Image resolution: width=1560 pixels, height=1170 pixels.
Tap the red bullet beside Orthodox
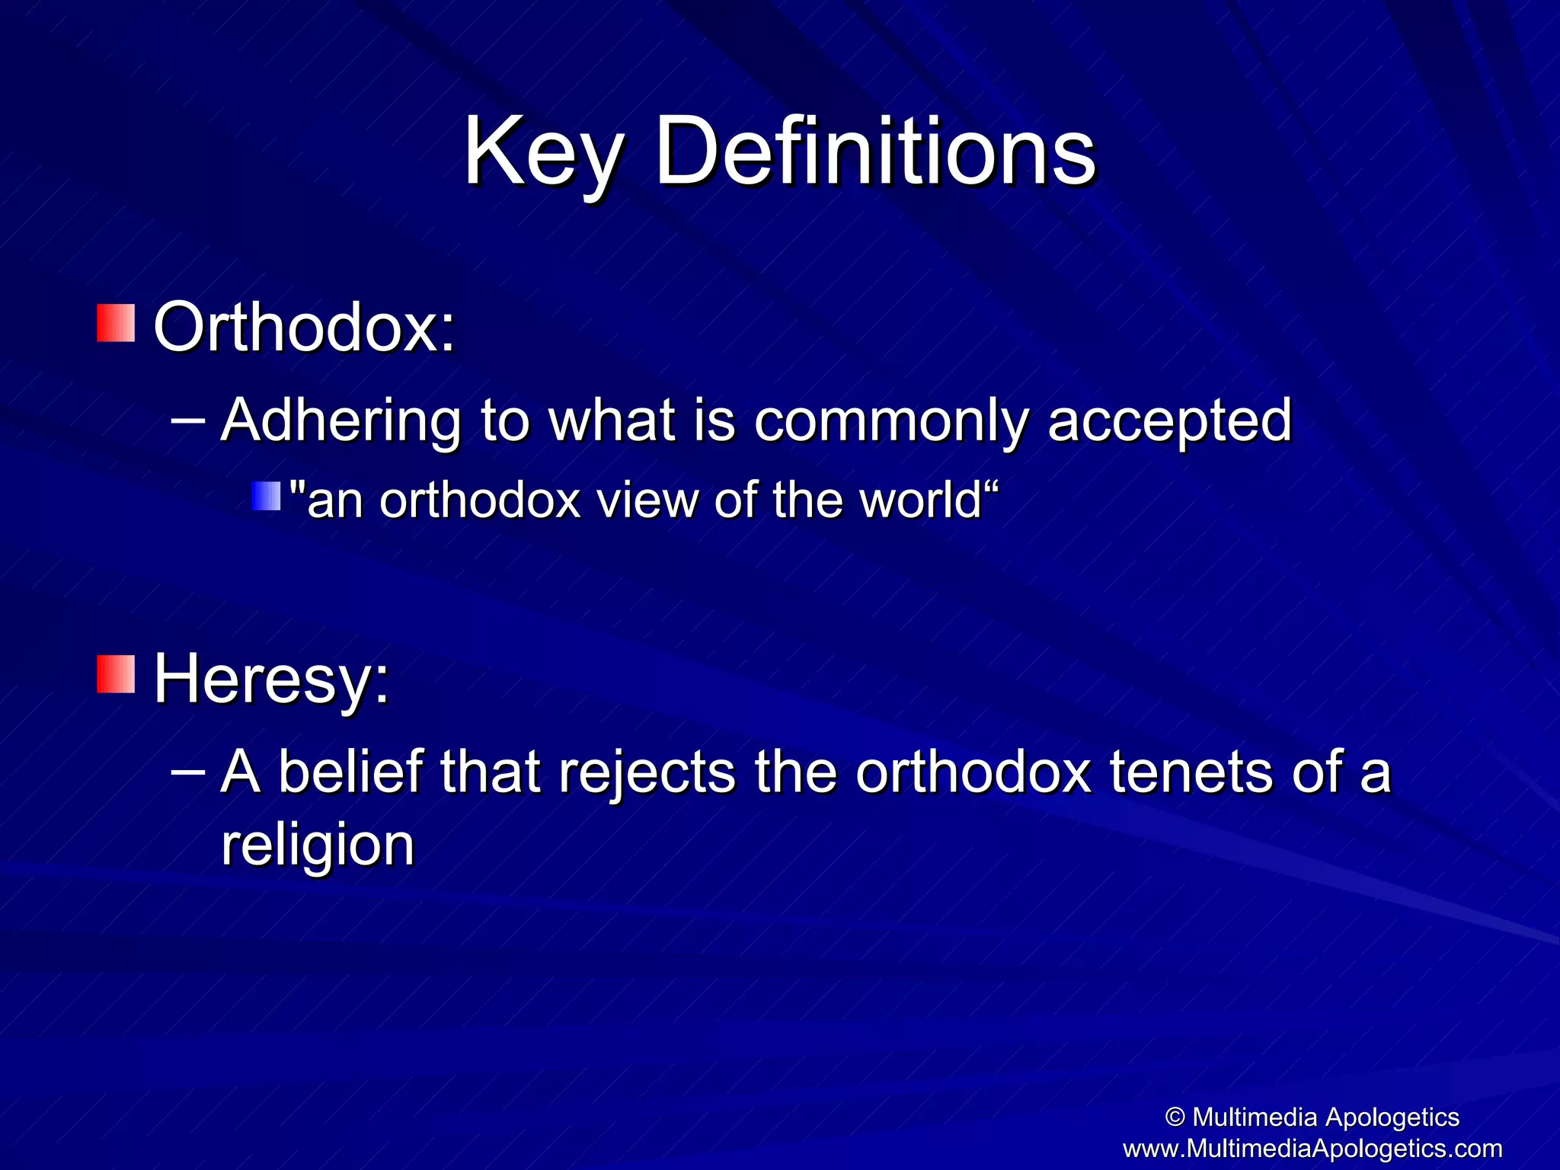coord(116,323)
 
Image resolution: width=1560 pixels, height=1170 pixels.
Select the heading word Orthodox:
coord(304,328)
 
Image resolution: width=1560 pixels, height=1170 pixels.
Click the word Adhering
coord(340,420)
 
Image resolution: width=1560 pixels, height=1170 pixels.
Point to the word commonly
coord(890,420)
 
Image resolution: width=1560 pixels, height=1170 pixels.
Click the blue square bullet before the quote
coord(267,496)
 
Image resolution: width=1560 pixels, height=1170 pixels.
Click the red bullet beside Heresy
coord(116,674)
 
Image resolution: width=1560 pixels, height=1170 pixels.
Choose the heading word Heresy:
coord(271,679)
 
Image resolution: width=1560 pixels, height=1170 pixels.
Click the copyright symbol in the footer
coord(1175,1117)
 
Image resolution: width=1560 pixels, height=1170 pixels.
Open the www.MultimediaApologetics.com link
coord(1312,1148)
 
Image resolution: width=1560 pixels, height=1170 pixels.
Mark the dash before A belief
coord(188,770)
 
